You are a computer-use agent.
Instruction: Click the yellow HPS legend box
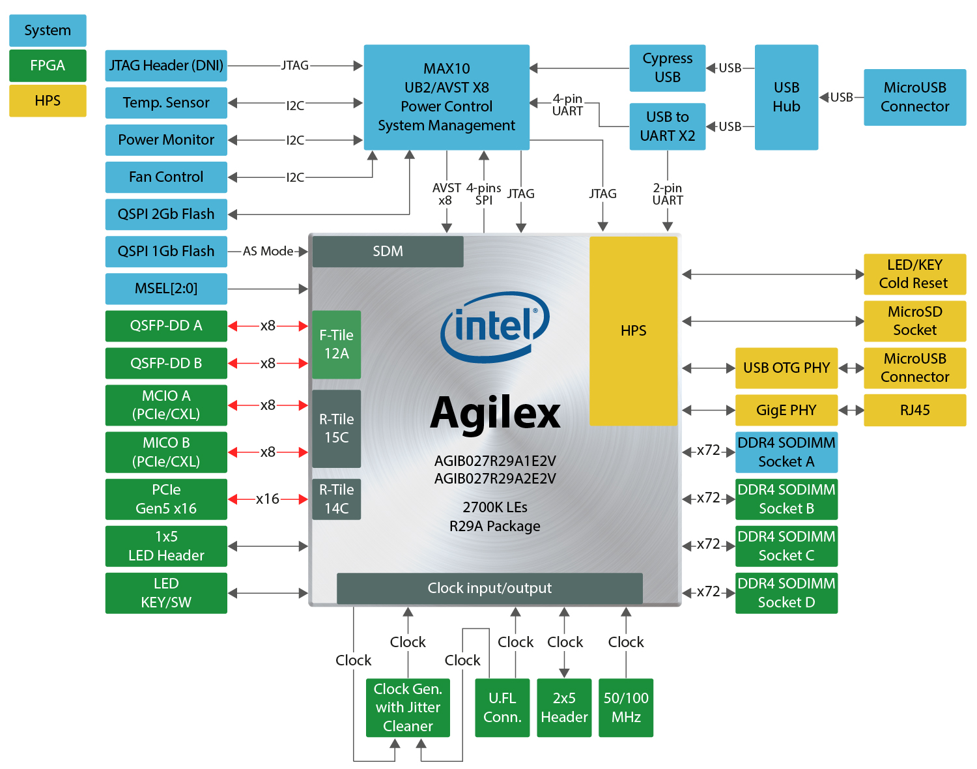pos(48,101)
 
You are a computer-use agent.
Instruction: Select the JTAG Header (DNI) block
pos(166,66)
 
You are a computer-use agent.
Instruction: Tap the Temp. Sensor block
pos(166,103)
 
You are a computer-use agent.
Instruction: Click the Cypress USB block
pos(668,68)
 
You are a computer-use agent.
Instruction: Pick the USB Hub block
pos(786,97)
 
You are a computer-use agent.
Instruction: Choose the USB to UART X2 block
pos(668,126)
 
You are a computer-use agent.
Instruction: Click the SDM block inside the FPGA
pos(388,252)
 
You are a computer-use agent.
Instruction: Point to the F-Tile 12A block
pos(336,344)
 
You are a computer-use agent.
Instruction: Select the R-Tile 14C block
pos(336,499)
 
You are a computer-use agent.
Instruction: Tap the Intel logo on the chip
pos(495,326)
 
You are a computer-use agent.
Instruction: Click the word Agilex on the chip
pos(495,413)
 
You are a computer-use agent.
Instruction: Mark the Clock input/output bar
pos(489,588)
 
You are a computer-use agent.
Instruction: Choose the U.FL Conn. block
pos(502,708)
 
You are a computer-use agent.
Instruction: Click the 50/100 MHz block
pos(625,708)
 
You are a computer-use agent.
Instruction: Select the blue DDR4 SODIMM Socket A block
pos(786,452)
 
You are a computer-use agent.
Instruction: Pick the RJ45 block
pos(914,411)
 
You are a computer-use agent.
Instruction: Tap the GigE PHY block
pos(786,411)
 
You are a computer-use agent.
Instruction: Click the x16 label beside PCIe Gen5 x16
pos(267,499)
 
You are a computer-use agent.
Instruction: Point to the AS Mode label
pos(268,252)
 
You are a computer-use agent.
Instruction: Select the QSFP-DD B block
pos(166,364)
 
